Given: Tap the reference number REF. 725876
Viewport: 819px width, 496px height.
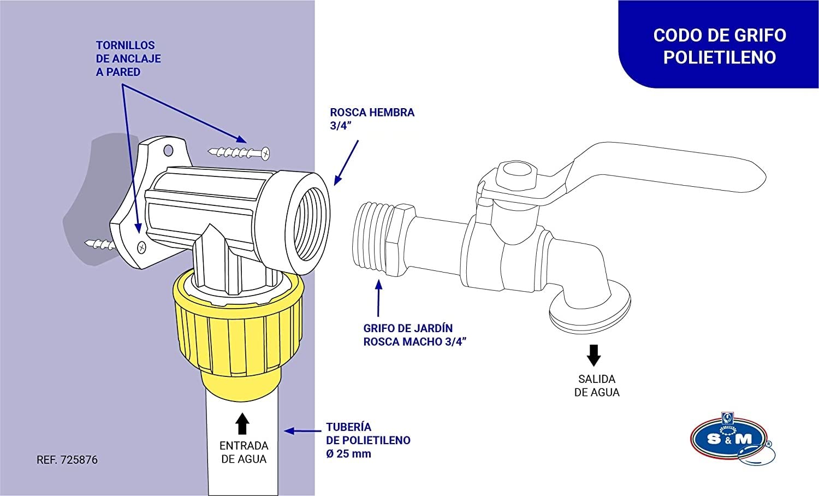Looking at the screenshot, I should tap(67, 460).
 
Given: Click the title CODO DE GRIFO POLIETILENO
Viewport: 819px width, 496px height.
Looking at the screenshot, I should tap(719, 46).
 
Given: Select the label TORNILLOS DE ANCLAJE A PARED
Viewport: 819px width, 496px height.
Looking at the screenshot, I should tap(128, 58).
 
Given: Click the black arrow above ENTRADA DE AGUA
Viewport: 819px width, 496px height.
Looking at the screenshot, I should tap(242, 423).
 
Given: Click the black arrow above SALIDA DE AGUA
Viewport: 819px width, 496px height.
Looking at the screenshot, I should tap(594, 355).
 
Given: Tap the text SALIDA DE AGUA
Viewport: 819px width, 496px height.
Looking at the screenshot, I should tap(597, 386).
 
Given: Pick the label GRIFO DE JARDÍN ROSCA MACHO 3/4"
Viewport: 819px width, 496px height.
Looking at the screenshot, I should tap(414, 335).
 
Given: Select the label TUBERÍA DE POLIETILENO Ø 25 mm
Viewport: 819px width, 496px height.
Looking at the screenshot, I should tap(368, 440).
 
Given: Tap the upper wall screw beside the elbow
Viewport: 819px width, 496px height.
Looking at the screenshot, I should tap(240, 152).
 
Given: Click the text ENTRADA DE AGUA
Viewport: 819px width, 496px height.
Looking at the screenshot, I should tap(244, 452).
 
